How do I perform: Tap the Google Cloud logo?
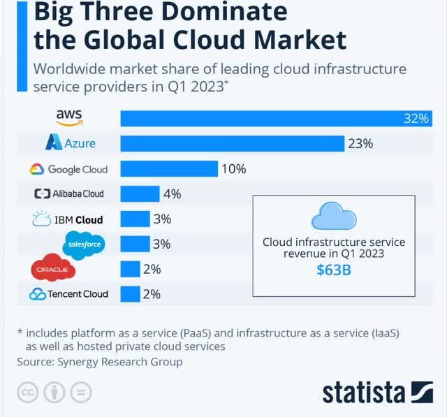pyautogui.click(x=68, y=169)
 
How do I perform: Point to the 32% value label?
pyautogui.click(x=415, y=119)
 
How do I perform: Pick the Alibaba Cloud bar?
pyautogui.click(x=140, y=193)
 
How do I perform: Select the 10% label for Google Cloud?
pyautogui.click(x=234, y=169)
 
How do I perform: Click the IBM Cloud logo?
pyautogui.click(x=68, y=219)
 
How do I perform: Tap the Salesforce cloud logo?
pyautogui.click(x=84, y=244)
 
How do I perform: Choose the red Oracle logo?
pyautogui.click(x=52, y=269)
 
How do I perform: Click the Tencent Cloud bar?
pyautogui.click(x=130, y=294)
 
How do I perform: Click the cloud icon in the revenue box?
pyautogui.click(x=334, y=217)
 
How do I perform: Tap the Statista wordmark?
pyautogui.click(x=365, y=393)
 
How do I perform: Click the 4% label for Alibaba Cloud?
pyautogui.click(x=172, y=193)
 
